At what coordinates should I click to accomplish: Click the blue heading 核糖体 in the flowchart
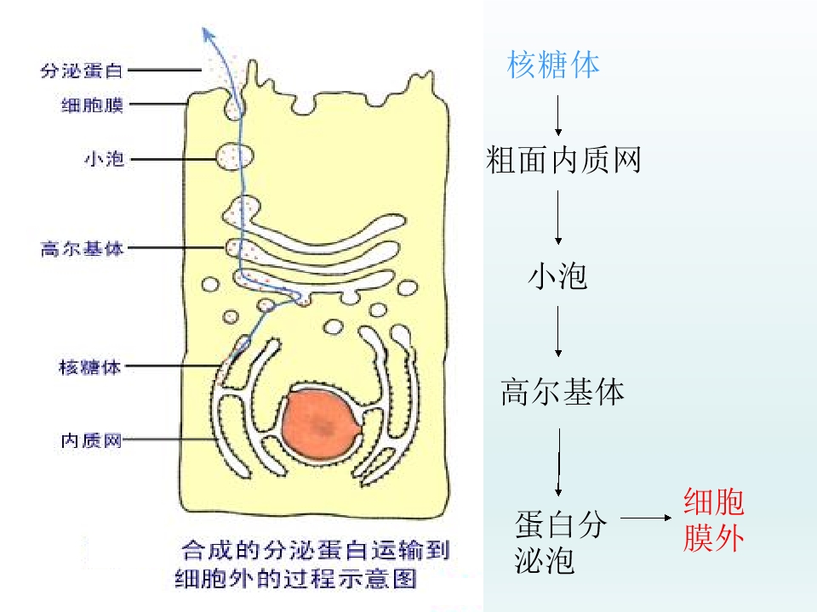coord(553,65)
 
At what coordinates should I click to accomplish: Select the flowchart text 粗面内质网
coord(563,159)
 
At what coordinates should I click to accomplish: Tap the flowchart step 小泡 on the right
coord(557,275)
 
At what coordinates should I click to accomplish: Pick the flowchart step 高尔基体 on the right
coord(563,391)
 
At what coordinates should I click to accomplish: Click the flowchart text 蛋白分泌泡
coord(560,541)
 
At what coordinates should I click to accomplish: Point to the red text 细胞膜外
coord(713,519)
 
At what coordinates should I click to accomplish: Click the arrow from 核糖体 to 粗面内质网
coord(558,115)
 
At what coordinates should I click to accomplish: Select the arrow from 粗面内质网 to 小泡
coord(558,217)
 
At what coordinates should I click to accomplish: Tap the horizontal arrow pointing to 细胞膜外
coord(646,518)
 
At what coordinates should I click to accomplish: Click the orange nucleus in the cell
coord(321,425)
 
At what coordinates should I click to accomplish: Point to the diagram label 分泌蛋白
coord(82,71)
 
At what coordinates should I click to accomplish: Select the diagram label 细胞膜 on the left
coord(92,105)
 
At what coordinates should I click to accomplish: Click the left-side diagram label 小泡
coord(104,158)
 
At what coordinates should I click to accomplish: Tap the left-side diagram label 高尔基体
coord(82,248)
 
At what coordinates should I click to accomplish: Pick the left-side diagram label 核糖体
coord(89,367)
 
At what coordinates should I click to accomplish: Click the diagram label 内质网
coord(91,440)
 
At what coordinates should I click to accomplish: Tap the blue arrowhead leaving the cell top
coord(209,36)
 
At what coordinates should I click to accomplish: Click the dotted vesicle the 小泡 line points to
coord(235,156)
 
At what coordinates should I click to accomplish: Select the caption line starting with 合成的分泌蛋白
coord(316,550)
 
